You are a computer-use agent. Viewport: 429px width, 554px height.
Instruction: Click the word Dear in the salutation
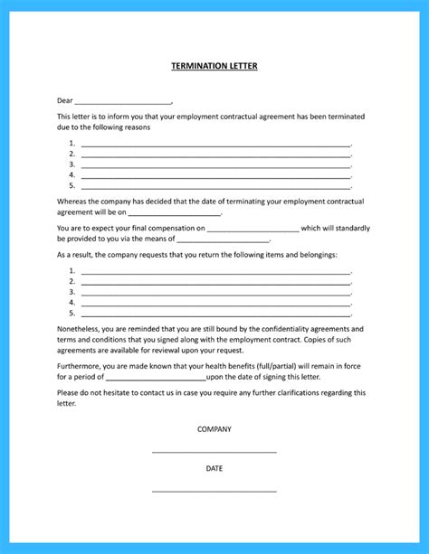[x=65, y=100]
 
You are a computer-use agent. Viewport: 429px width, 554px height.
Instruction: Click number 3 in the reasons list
[x=71, y=164]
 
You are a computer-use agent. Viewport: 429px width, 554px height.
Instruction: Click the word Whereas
[x=74, y=202]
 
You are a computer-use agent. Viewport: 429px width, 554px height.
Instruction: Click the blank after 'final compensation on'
[x=253, y=230]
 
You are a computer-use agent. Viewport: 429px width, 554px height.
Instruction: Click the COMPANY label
[x=214, y=429]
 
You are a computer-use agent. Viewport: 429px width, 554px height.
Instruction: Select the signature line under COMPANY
[x=214, y=451]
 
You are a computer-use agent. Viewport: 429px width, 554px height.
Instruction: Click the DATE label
[x=214, y=469]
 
